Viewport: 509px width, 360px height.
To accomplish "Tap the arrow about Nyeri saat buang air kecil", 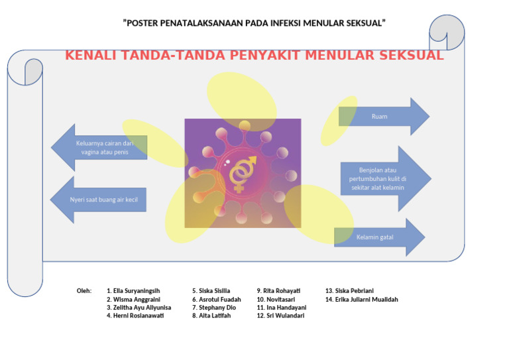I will tap(99, 199).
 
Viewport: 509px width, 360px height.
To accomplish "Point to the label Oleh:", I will tap(84, 290).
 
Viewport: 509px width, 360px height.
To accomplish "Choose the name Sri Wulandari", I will tap(282, 316).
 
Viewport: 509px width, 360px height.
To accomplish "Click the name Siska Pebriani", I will tap(351, 290).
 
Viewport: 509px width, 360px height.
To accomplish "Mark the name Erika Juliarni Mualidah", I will tap(361, 299).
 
